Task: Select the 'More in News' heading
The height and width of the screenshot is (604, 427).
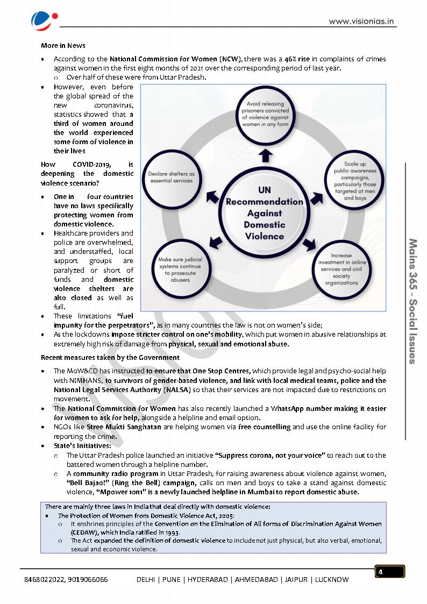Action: [63, 46]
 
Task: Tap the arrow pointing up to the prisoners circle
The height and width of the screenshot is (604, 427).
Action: [265, 154]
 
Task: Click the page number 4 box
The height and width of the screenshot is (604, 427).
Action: [389, 571]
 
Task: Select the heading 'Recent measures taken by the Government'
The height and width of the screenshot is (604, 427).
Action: [110, 358]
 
